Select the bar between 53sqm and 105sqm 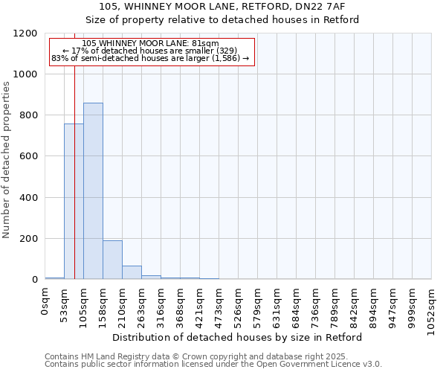(74, 202)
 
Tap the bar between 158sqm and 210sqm (112, 260)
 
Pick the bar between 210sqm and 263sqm (132, 272)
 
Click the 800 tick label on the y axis (28, 116)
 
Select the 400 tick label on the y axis (28, 198)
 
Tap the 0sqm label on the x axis (45, 304)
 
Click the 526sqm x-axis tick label (239, 307)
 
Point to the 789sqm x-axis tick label (335, 307)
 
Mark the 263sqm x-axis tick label (142, 307)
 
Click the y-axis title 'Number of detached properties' (7, 160)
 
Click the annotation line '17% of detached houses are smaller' (150, 51)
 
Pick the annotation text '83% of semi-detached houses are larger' (150, 58)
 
